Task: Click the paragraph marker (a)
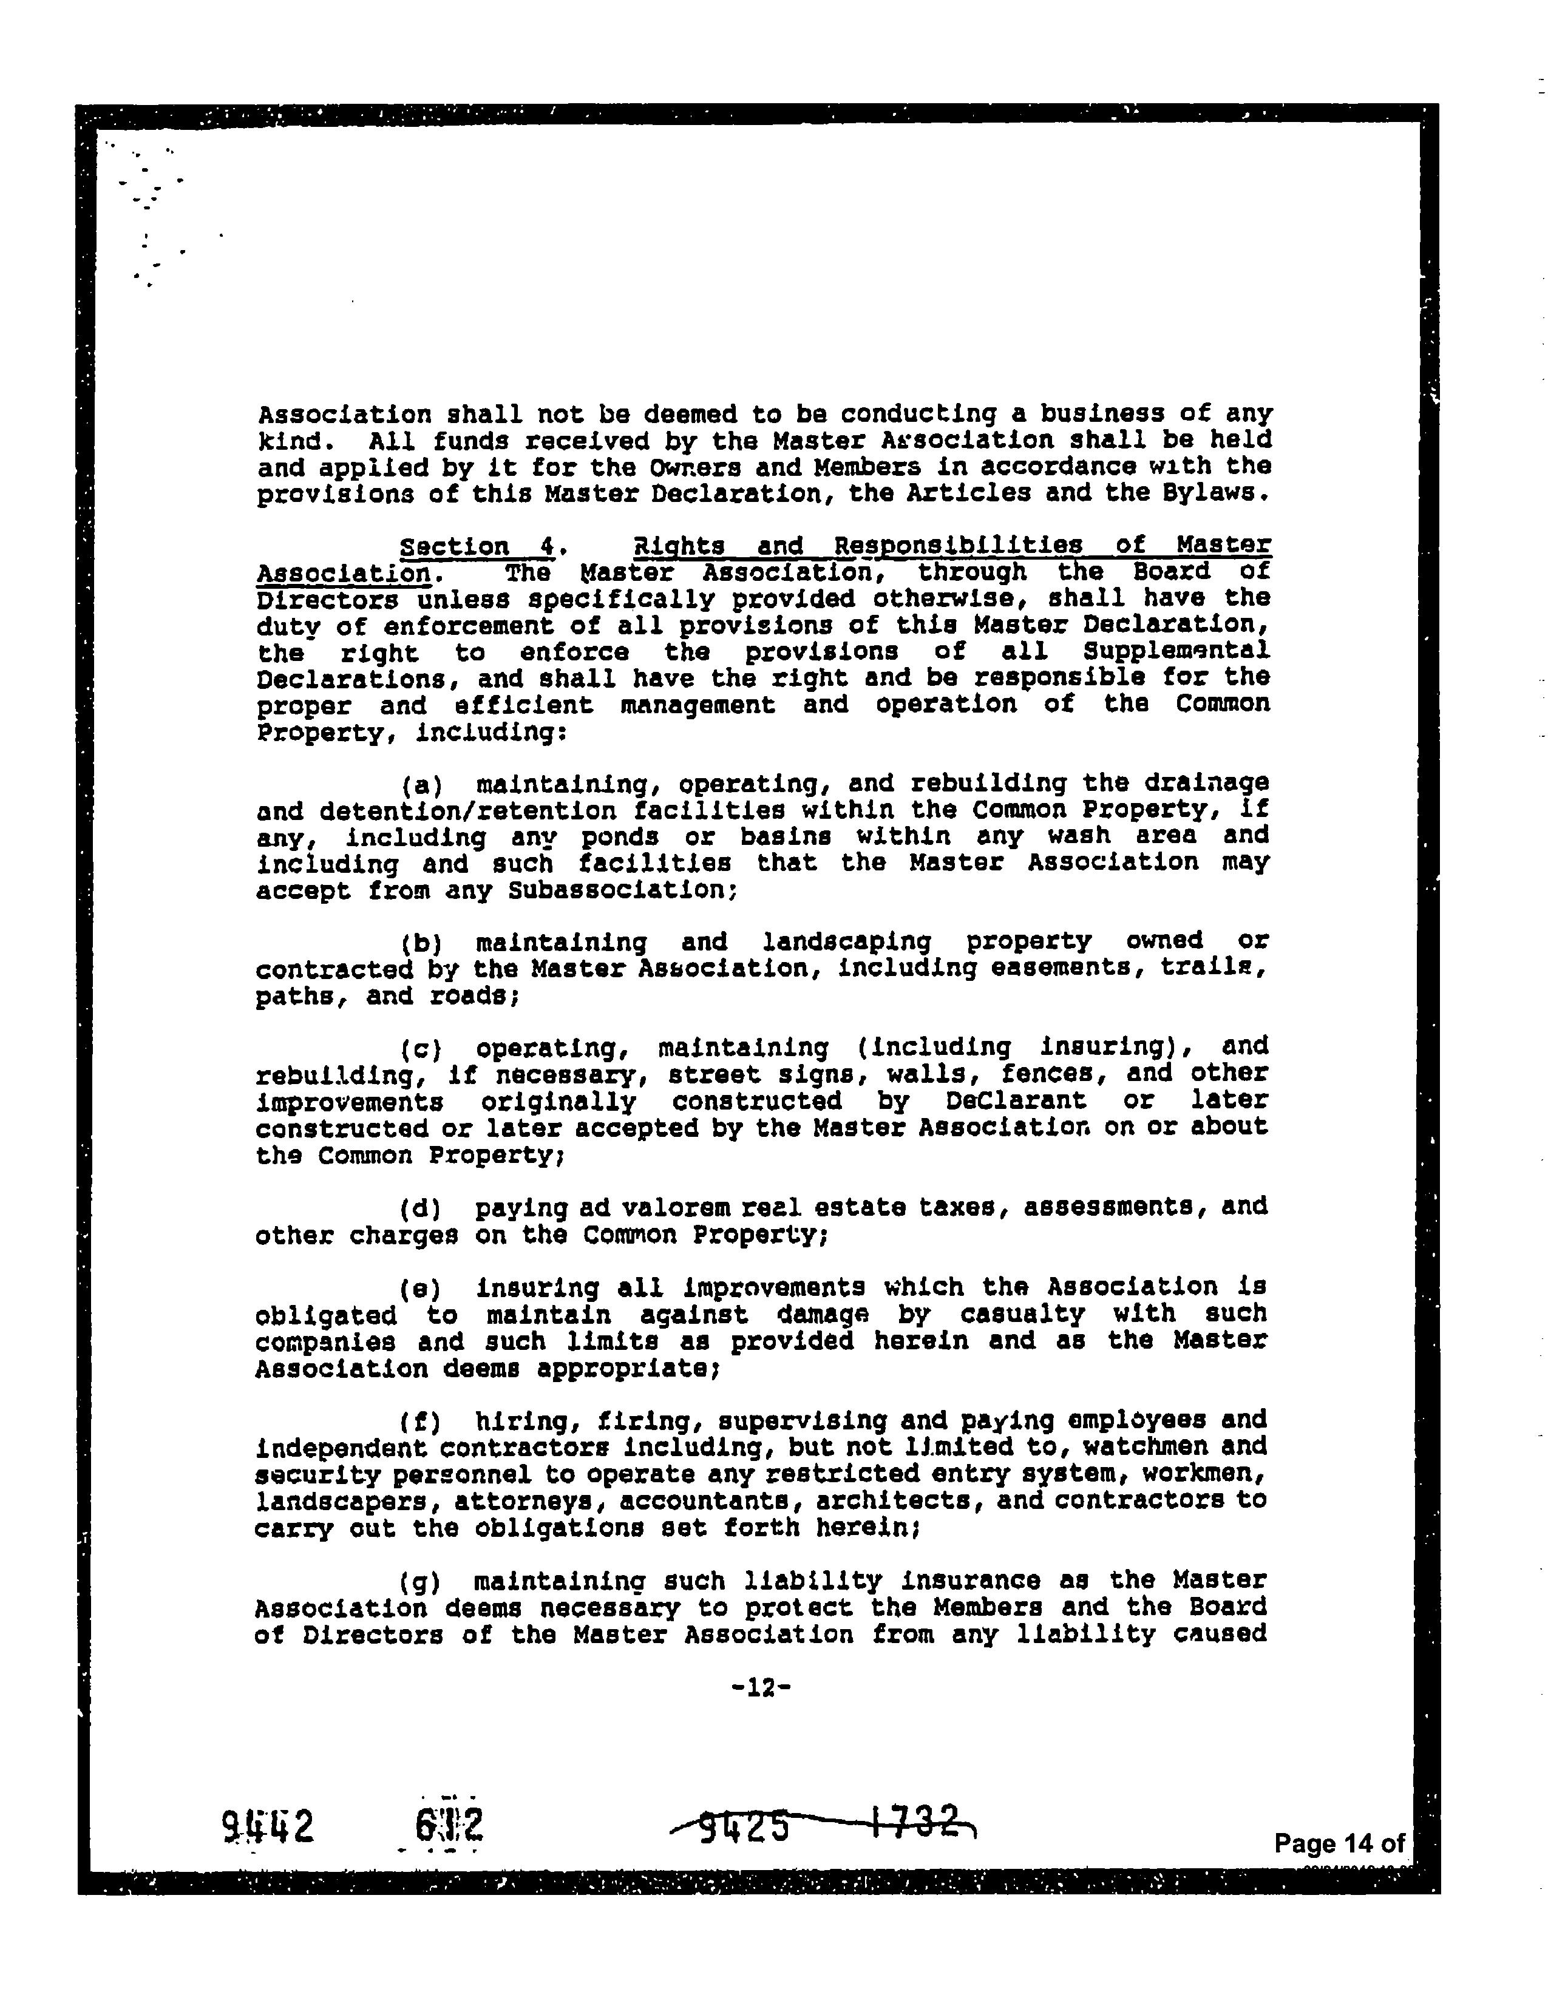422,785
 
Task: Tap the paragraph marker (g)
422,1582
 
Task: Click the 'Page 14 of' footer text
1338,1843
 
